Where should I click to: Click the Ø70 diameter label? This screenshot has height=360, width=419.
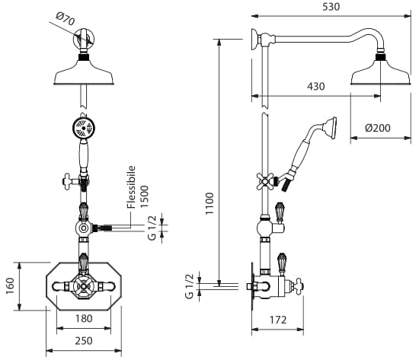click(66, 18)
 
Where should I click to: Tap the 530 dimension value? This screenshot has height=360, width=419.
click(331, 7)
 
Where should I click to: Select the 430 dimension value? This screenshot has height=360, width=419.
click(316, 87)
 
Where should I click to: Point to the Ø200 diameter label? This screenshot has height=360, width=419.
click(378, 128)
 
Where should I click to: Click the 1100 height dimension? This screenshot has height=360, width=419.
click(209, 203)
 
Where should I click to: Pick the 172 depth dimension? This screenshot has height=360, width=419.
click(278, 320)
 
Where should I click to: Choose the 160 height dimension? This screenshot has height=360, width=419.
click(10, 286)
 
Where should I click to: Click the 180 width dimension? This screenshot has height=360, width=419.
click(84, 318)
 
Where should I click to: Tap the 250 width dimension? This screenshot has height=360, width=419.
click(84, 341)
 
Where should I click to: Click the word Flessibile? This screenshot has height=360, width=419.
click(131, 187)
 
